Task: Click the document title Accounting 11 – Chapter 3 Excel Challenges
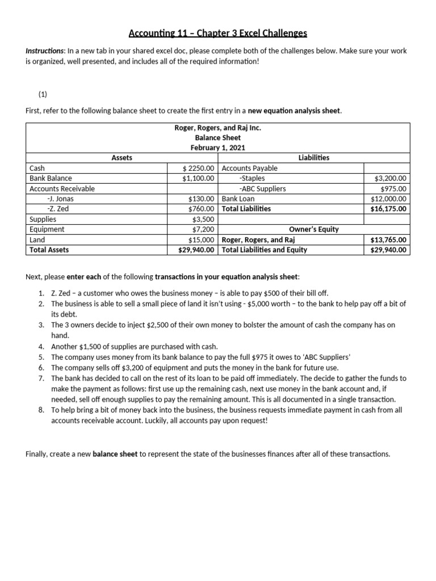click(x=218, y=33)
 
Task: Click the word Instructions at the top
click(x=44, y=51)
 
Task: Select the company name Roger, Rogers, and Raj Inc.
click(x=217, y=128)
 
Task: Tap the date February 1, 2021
click(x=217, y=148)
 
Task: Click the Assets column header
click(x=121, y=158)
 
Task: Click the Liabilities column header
click(x=313, y=158)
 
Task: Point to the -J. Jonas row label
click(x=60, y=199)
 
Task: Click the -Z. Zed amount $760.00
click(x=202, y=209)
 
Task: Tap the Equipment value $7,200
click(x=204, y=229)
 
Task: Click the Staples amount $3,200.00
click(x=390, y=178)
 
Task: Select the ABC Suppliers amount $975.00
click(x=393, y=188)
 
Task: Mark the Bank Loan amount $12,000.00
click(x=388, y=199)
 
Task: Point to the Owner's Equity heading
click(x=313, y=229)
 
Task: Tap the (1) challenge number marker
click(x=43, y=95)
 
